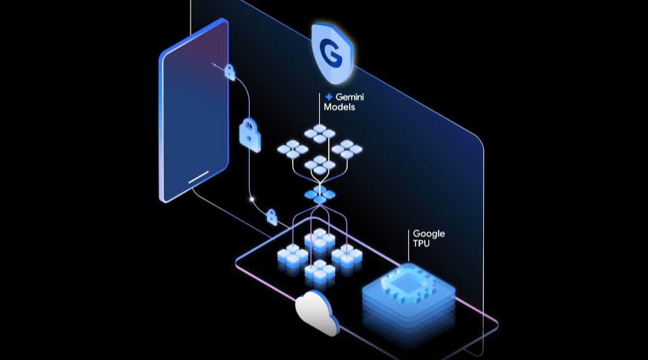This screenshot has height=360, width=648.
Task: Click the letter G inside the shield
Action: pyautogui.click(x=332, y=51)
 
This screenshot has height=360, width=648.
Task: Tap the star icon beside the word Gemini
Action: pyautogui.click(x=329, y=97)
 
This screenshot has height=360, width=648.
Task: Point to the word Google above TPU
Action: pyautogui.click(x=428, y=234)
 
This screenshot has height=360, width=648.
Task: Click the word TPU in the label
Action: pyautogui.click(x=423, y=244)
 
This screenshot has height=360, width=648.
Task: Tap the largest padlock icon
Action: pyautogui.click(x=250, y=133)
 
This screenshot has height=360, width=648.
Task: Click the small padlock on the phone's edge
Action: pyautogui.click(x=228, y=71)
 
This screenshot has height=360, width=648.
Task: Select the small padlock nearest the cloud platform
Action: pyautogui.click(x=272, y=218)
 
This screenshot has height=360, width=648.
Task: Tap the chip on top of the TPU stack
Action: pyautogui.click(x=409, y=288)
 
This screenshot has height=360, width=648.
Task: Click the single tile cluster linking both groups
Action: pyautogui.click(x=320, y=195)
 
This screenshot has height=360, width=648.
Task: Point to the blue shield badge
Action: pyautogui.click(x=332, y=51)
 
